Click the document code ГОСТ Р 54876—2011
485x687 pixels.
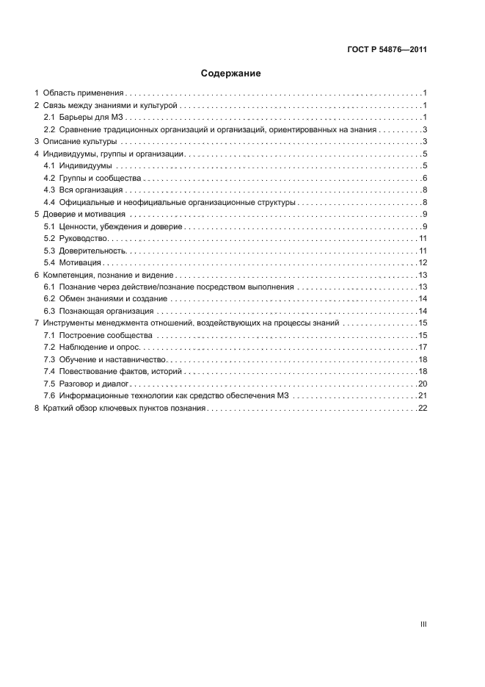pyautogui.click(x=387, y=51)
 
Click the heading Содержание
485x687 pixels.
pyautogui.click(x=231, y=73)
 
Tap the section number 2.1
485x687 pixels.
pyautogui.click(x=49, y=118)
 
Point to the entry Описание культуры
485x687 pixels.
pyautogui.click(x=80, y=142)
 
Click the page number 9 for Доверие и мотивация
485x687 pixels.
pyautogui.click(x=425, y=214)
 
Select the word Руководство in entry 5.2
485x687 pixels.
pyautogui.click(x=85, y=238)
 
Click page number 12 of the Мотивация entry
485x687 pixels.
pyautogui.click(x=423, y=262)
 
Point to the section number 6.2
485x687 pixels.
pyautogui.click(x=49, y=298)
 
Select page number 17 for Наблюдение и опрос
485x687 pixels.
pyautogui.click(x=423, y=346)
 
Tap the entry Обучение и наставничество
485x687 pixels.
pyautogui.click(x=113, y=359)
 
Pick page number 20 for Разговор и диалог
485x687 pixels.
pyautogui.click(x=423, y=383)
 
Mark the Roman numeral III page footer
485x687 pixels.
pyautogui.click(x=423, y=623)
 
